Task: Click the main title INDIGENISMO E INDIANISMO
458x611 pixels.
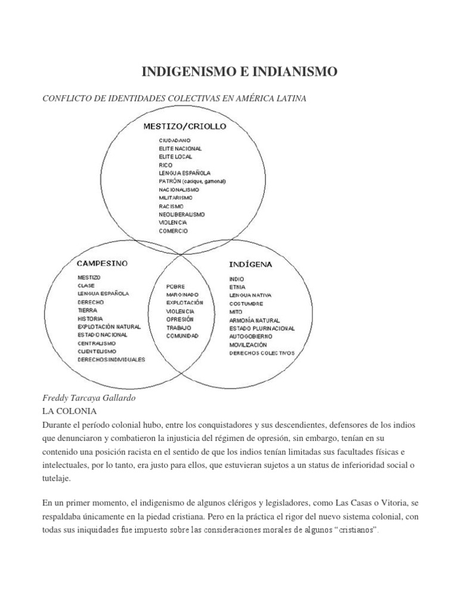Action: [239, 73]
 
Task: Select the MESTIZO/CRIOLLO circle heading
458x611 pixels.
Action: [185, 126]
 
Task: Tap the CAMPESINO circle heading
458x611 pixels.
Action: [102, 263]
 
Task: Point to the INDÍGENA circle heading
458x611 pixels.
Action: [251, 263]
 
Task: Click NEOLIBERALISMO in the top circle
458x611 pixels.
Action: [182, 214]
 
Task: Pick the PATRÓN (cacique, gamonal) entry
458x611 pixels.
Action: [193, 181]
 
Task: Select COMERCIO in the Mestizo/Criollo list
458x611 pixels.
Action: [173, 230]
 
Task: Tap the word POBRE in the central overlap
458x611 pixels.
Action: [176, 286]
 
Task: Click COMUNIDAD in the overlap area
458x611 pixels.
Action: [182, 336]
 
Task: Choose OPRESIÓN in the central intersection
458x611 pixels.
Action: [180, 319]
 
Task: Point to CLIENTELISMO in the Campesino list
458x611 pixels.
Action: [97, 352]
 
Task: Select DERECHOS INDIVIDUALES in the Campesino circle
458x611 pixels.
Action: [111, 360]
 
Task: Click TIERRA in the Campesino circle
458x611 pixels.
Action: [86, 310]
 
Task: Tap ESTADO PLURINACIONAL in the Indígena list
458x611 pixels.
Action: [262, 328]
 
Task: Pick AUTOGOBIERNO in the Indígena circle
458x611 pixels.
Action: [250, 337]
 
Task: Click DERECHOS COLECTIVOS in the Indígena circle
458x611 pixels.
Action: [262, 353]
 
